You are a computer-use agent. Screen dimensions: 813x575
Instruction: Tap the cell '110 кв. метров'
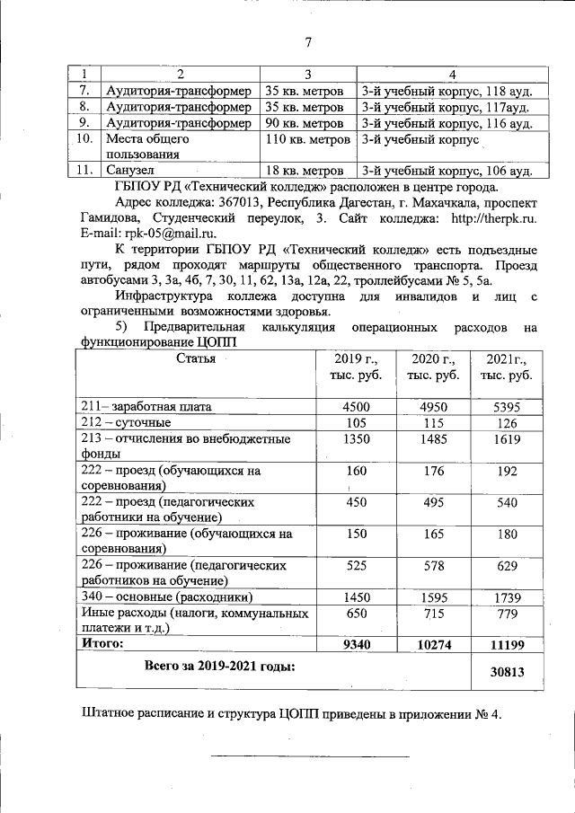coord(308,140)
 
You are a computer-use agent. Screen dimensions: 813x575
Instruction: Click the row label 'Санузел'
coord(130,171)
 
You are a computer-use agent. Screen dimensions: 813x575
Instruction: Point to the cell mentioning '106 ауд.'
coord(447,171)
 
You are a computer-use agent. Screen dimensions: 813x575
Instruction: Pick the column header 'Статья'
coord(195,359)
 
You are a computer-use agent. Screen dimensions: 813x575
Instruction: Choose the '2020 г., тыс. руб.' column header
coord(433,367)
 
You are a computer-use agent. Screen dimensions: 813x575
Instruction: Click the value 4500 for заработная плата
coord(357,407)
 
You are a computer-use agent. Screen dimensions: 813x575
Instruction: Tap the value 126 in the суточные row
coord(508,423)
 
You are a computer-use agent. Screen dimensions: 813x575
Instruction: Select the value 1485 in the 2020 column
coord(433,439)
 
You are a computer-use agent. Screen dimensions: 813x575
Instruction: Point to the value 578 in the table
coord(433,565)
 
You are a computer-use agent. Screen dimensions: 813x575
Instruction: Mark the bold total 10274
coord(433,645)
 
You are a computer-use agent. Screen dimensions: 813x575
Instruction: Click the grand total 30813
coord(508,672)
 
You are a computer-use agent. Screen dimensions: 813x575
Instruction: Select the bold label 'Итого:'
coord(103,644)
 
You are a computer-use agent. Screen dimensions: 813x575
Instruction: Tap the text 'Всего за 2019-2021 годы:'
coord(220,666)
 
